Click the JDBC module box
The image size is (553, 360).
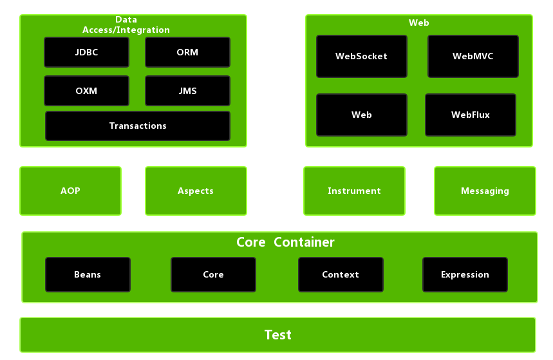click(x=86, y=52)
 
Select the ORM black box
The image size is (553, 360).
click(x=187, y=52)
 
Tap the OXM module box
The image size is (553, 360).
click(x=86, y=91)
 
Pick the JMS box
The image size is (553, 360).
click(x=187, y=91)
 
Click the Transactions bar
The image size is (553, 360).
click(x=138, y=126)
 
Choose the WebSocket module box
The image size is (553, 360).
click(x=361, y=56)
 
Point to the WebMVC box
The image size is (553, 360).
click(x=473, y=56)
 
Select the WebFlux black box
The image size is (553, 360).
click(x=470, y=115)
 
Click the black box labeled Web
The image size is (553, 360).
click(x=361, y=115)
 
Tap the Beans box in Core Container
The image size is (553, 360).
click(x=88, y=274)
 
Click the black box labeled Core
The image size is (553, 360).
click(x=213, y=274)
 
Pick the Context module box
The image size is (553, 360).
click(x=341, y=274)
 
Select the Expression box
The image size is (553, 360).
click(x=465, y=274)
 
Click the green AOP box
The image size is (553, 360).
click(x=70, y=191)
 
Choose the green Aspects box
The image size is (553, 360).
click(x=196, y=191)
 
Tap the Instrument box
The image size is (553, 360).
click(x=354, y=191)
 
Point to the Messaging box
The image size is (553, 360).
click(x=485, y=191)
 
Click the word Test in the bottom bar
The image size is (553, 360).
click(x=277, y=335)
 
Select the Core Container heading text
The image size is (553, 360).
click(x=285, y=243)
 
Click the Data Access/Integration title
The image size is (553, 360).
click(x=126, y=25)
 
